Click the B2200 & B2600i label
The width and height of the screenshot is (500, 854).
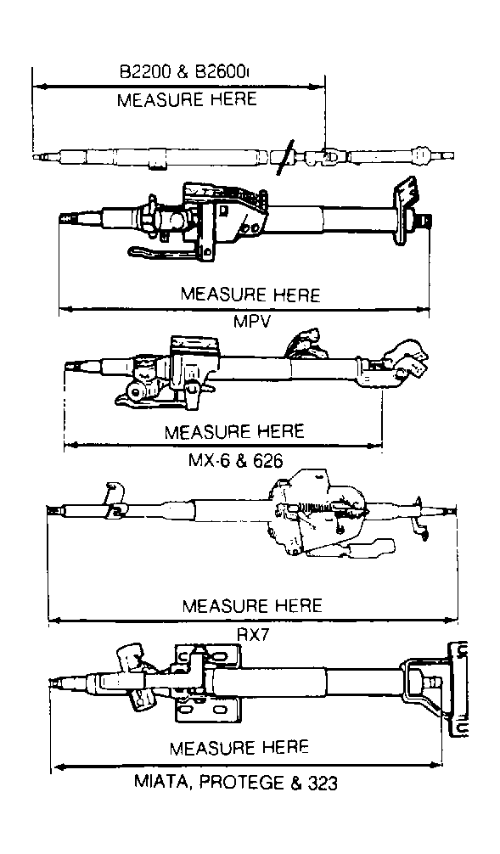click(x=183, y=72)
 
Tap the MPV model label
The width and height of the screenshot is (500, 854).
click(x=251, y=322)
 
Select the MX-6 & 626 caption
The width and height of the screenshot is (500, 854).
click(x=235, y=461)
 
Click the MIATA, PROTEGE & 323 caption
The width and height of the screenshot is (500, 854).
click(x=235, y=784)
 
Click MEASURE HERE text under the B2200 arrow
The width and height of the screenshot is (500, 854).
click(x=187, y=99)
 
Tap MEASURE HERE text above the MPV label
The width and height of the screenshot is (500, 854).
click(x=250, y=294)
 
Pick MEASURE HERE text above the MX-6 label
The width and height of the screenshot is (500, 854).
click(x=234, y=432)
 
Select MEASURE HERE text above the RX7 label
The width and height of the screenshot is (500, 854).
click(x=252, y=605)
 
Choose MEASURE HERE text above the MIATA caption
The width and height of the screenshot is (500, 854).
click(x=239, y=748)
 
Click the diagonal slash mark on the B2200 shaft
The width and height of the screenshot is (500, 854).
click(x=285, y=157)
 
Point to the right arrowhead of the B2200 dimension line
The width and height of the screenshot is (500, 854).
click(x=317, y=86)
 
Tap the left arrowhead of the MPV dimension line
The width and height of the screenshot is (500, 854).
click(x=66, y=309)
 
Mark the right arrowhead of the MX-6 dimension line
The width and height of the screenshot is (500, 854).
click(x=374, y=446)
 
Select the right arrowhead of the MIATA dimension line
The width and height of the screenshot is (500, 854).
click(x=435, y=766)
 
